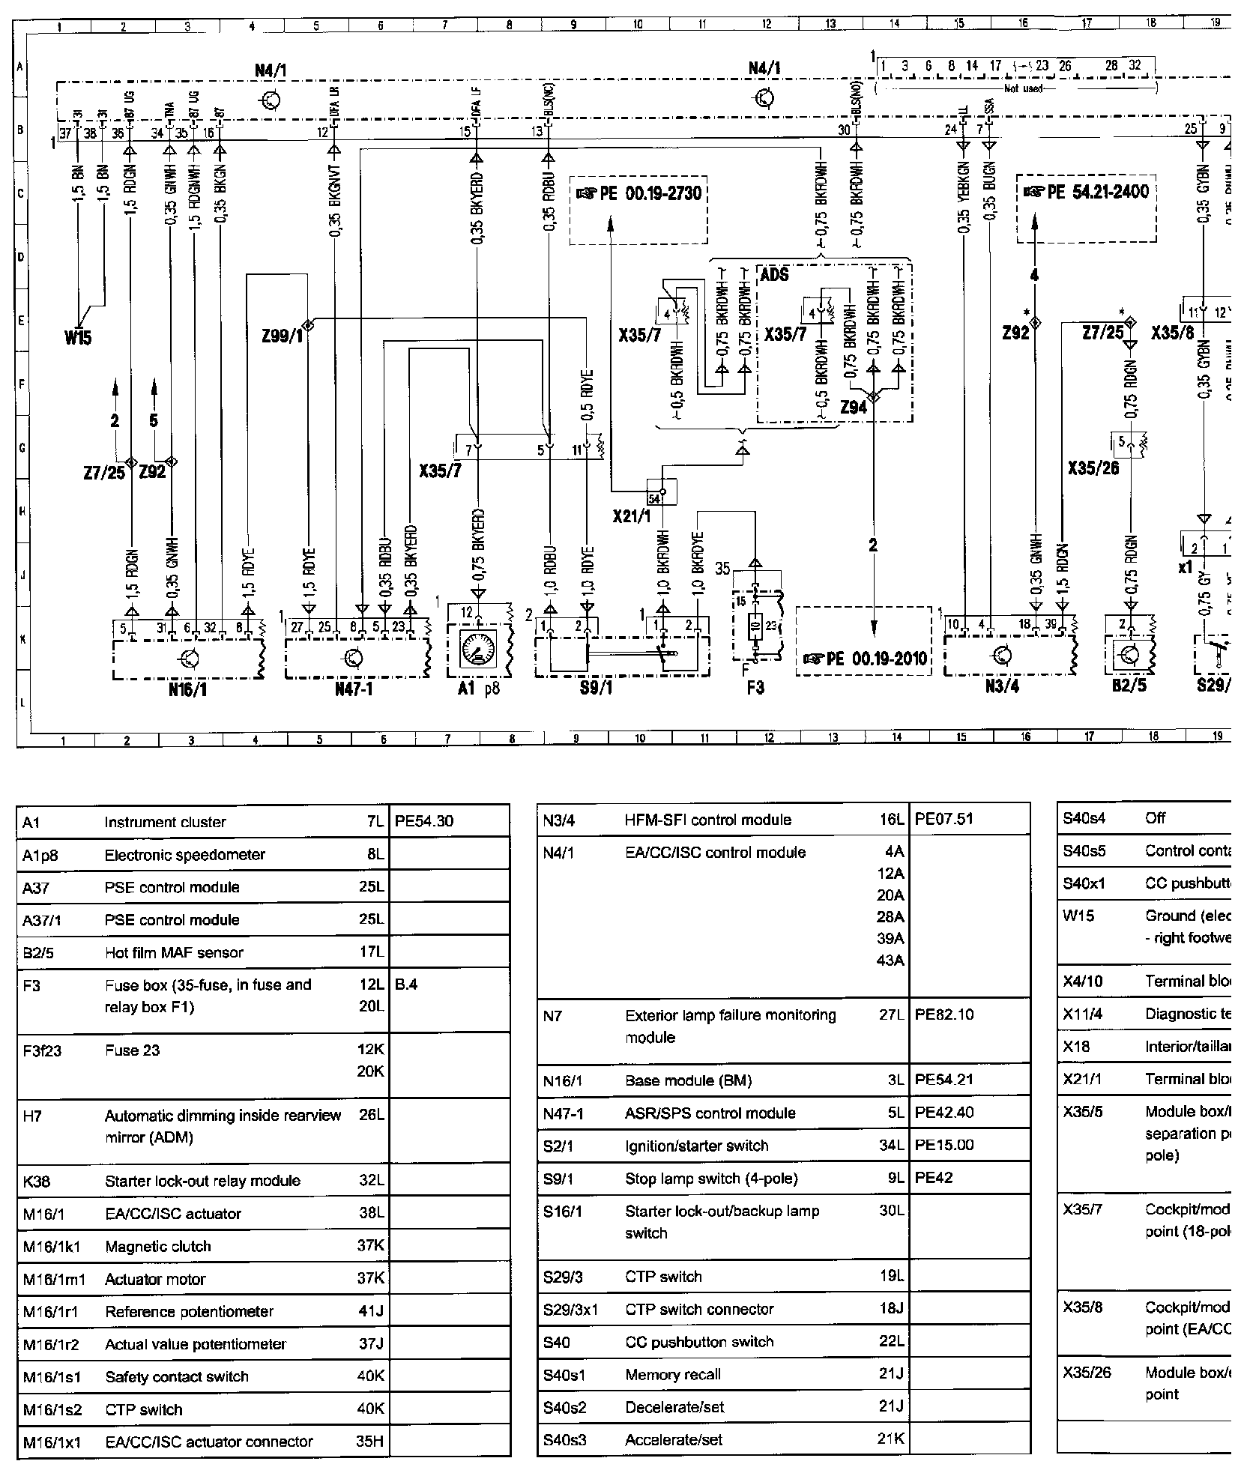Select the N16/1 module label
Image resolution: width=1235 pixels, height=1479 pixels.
tap(187, 690)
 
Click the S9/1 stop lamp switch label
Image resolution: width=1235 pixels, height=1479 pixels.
tap(597, 687)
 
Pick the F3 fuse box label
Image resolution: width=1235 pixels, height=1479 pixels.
tap(755, 687)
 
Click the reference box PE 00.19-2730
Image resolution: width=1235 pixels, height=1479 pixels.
tap(638, 194)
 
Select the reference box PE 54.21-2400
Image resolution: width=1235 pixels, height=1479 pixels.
tap(1086, 192)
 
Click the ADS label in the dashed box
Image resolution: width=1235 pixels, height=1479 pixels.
tap(775, 275)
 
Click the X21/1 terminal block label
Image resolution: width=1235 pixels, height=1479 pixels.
tap(631, 517)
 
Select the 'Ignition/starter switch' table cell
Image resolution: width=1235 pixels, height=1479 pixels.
tap(696, 1146)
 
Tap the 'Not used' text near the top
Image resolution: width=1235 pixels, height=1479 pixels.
tap(1024, 88)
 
